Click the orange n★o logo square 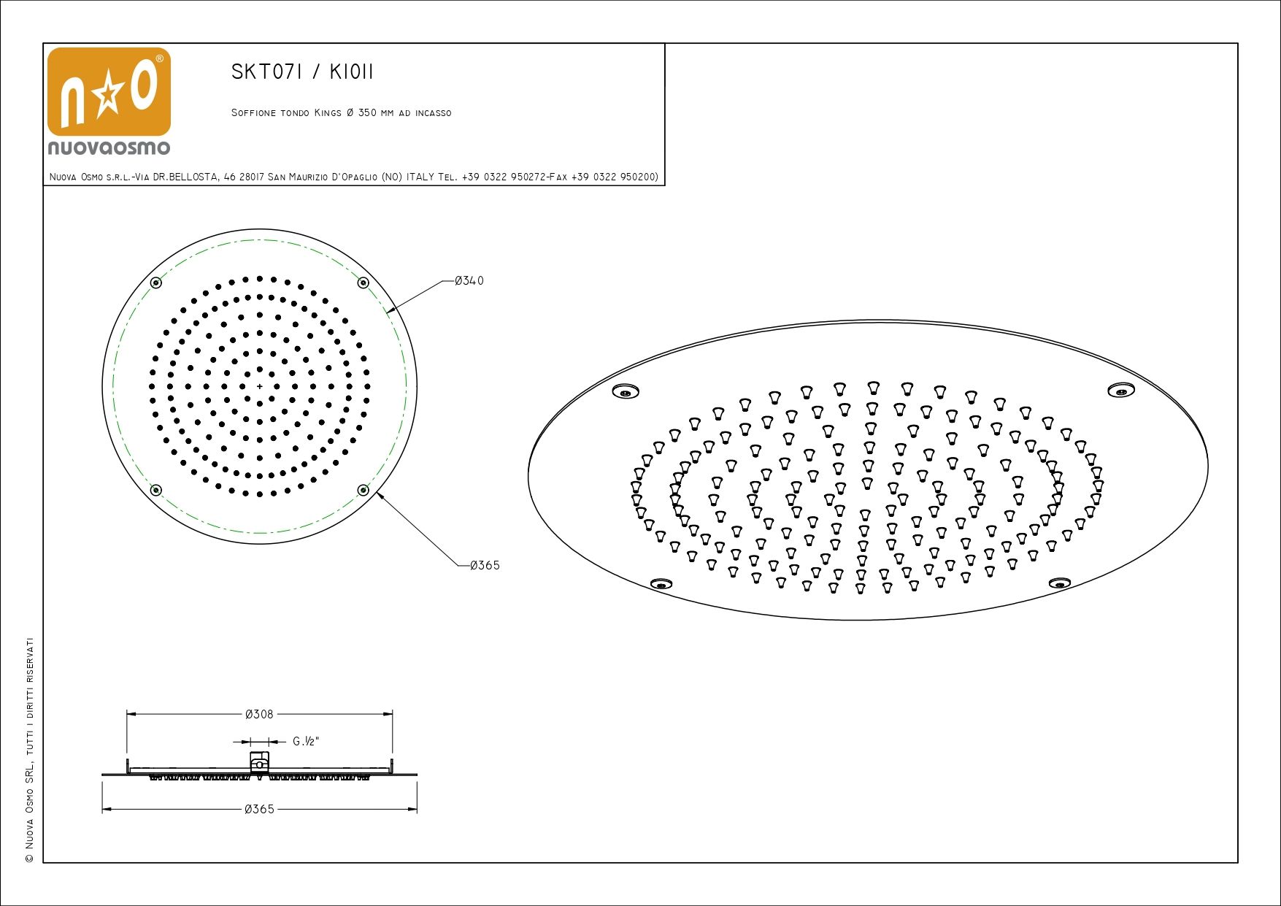[109, 92]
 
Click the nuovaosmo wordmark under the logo [109, 147]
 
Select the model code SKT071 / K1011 [302, 72]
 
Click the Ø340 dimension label [469, 281]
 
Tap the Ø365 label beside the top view [485, 565]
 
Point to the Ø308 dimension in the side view [259, 714]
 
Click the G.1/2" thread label [306, 742]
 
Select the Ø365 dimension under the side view [259, 809]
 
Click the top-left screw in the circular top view [155, 283]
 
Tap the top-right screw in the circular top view [363, 283]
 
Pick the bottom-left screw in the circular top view [155, 490]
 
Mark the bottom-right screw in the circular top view [363, 490]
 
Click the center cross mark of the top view [259, 386]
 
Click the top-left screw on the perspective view [625, 391]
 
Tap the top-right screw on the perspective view [1120, 390]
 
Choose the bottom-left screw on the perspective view [661, 583]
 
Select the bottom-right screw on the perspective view [1059, 583]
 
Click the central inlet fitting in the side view [259, 763]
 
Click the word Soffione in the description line [253, 113]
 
